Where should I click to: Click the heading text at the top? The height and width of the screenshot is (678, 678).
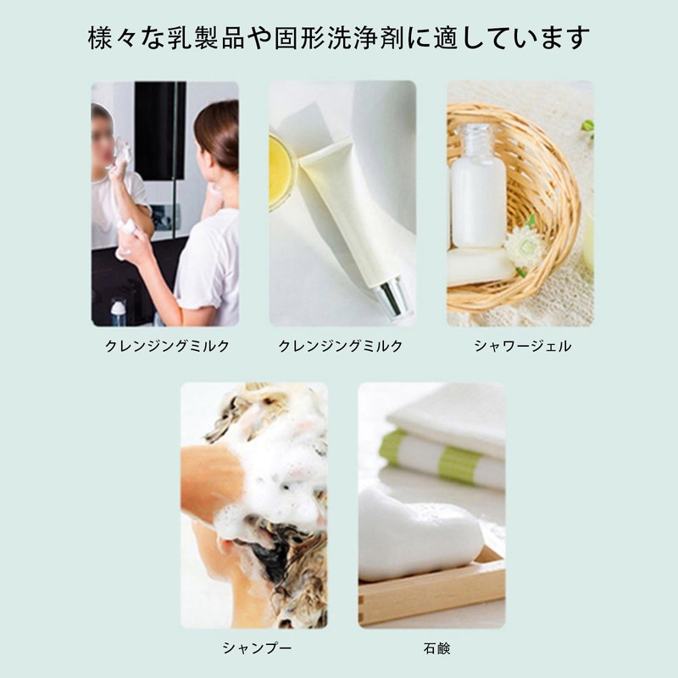[x=338, y=37]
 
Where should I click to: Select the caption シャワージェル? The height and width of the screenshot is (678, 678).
[x=522, y=346]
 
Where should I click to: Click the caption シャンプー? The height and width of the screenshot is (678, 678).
[x=257, y=647]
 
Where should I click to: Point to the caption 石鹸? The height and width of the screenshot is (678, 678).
[x=436, y=648]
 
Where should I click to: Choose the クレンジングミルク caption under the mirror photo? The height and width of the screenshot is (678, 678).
[x=167, y=346]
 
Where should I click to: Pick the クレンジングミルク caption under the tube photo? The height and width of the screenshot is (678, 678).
[x=341, y=346]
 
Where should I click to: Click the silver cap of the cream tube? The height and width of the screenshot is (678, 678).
[x=392, y=298]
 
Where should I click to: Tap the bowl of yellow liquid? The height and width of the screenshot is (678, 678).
[x=281, y=172]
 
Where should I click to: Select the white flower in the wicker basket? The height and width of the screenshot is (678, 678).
[x=525, y=246]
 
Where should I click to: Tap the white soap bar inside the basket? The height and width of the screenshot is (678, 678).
[x=479, y=266]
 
